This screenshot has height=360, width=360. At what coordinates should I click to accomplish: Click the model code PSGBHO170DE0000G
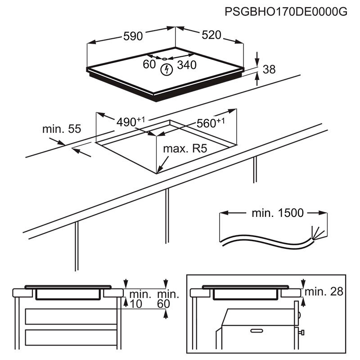[286, 12]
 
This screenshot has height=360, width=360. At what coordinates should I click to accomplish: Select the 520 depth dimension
[211, 35]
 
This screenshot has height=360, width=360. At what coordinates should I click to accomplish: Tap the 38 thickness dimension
[269, 69]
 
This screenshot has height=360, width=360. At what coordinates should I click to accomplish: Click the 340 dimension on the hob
[186, 65]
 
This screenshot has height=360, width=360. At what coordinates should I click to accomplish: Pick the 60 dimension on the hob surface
[149, 64]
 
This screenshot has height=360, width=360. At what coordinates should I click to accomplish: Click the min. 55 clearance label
[62, 129]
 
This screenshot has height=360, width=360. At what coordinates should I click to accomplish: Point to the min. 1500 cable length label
[277, 213]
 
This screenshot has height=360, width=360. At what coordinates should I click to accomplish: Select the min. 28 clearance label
[323, 292]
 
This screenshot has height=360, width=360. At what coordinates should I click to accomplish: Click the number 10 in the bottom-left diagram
[135, 304]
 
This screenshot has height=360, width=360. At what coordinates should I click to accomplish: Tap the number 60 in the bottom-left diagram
[164, 304]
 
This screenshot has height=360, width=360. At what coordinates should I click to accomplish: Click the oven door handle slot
[257, 331]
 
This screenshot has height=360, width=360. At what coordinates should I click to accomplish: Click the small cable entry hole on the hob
[165, 58]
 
